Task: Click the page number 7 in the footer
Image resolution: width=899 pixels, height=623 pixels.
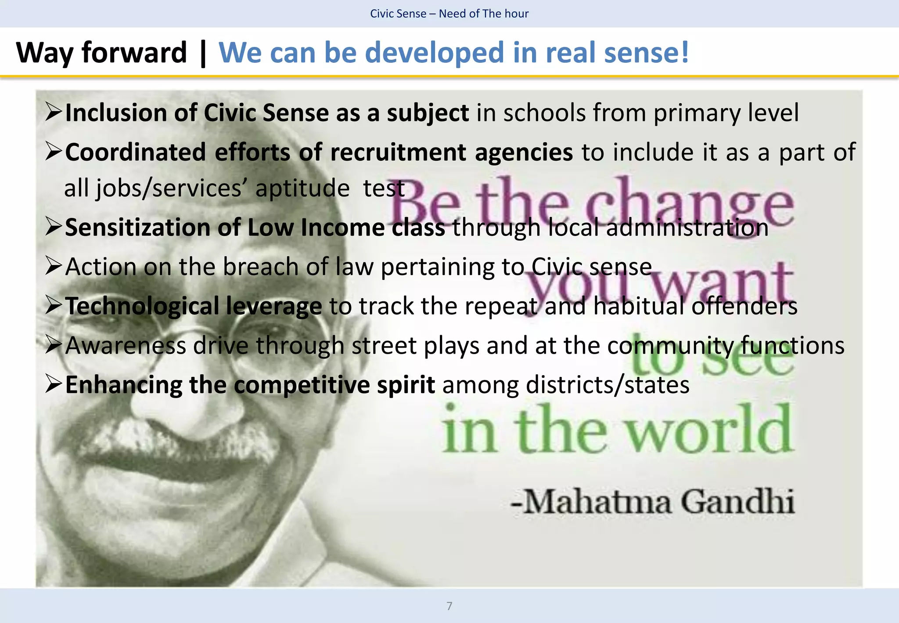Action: tap(449, 606)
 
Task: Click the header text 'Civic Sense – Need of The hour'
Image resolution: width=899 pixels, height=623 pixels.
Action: tap(449, 14)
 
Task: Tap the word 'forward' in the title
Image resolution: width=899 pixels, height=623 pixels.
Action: tap(134, 53)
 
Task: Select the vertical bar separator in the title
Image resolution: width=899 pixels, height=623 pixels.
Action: tap(203, 53)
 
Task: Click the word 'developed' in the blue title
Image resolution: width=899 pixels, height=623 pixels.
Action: tap(435, 53)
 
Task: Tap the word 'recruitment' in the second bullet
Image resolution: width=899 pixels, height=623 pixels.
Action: tap(398, 152)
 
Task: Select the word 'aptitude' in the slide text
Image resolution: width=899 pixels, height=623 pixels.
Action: tap(302, 188)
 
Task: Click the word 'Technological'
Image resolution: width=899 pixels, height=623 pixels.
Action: tap(142, 306)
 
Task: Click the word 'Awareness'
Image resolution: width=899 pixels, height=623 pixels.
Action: tap(126, 345)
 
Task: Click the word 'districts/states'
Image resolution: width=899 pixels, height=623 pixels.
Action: tap(607, 385)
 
